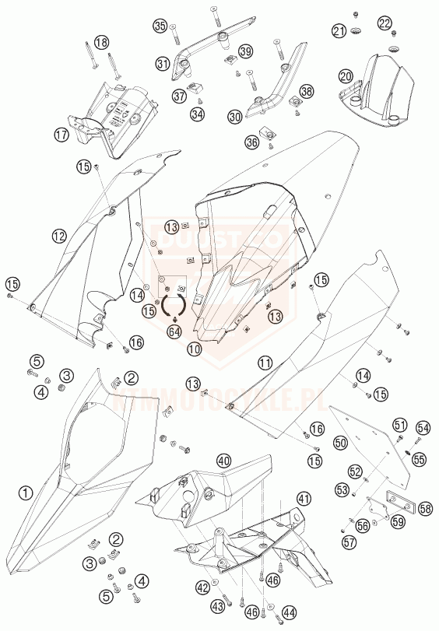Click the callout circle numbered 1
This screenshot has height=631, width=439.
click(26, 492)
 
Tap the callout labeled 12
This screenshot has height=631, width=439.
click(58, 235)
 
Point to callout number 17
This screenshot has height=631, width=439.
click(83, 135)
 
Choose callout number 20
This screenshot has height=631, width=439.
click(346, 76)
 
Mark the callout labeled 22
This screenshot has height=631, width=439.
click(386, 24)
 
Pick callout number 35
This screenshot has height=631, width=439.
click(160, 26)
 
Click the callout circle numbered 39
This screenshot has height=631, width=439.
click(246, 51)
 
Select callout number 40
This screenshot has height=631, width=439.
click(224, 460)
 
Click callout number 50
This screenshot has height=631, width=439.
click(340, 442)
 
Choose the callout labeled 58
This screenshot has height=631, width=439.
click(425, 508)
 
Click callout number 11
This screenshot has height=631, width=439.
click(266, 363)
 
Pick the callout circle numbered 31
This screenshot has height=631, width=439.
click(163, 63)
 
